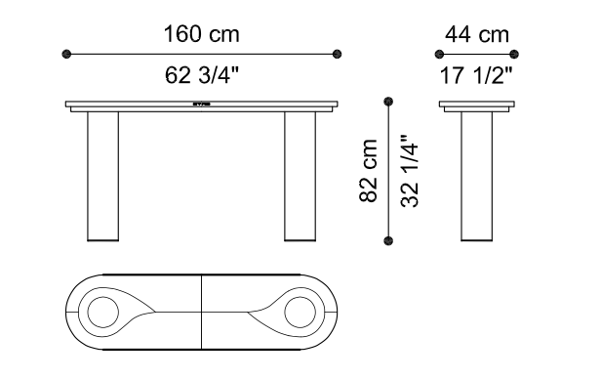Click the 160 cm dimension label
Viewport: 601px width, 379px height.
(x=202, y=34)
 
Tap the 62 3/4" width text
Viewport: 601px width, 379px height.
(x=202, y=75)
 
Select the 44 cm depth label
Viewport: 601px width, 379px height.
(x=477, y=34)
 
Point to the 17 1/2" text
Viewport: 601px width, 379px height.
(x=476, y=75)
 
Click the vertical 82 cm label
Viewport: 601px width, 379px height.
(x=369, y=171)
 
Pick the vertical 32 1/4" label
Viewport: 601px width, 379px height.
(x=410, y=171)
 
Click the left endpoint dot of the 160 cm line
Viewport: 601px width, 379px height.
(x=66, y=54)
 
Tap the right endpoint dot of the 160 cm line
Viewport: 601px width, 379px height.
(x=337, y=54)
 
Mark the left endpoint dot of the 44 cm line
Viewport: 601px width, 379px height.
(x=439, y=55)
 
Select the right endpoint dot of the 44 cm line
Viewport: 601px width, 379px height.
(x=514, y=55)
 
